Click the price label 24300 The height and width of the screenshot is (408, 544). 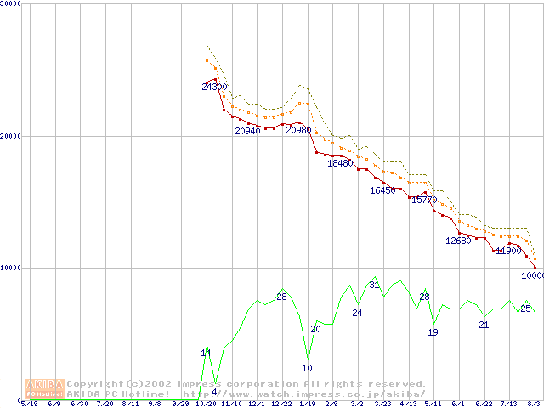214,87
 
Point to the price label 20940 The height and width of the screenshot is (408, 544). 248,131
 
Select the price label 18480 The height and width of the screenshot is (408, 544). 340,163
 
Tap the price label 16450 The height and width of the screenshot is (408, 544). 383,190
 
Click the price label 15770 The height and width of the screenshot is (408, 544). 424,201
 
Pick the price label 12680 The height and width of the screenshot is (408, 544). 458,241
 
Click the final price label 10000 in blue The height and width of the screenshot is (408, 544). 533,275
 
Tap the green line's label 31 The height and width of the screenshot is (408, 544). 374,285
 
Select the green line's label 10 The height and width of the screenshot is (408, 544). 307,368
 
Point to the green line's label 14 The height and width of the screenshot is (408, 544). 206,353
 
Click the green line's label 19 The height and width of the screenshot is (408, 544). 433,332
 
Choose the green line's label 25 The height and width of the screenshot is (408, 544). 525,309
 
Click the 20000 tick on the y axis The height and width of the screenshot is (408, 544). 11,135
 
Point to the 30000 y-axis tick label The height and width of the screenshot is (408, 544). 11,4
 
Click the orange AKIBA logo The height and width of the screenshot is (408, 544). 44,388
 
